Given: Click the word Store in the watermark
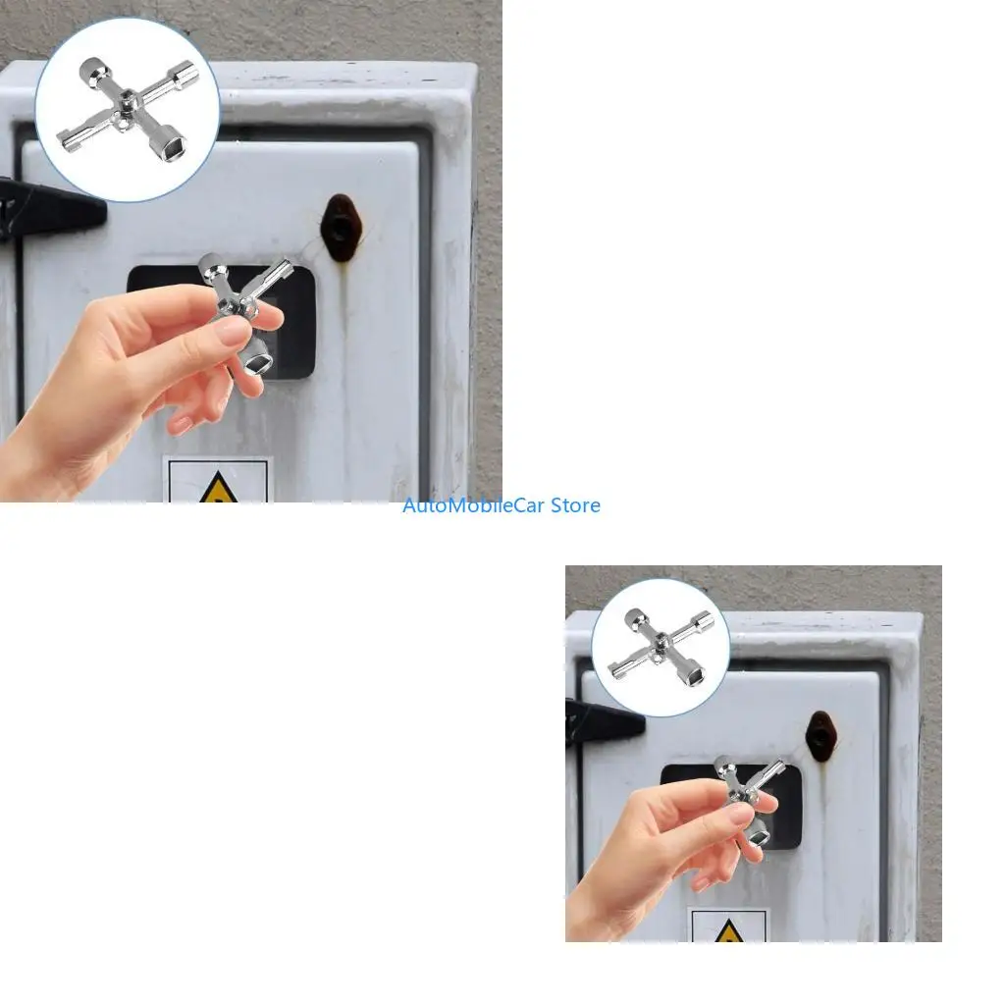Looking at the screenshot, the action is click(575, 505).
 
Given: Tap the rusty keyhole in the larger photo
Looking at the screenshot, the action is click(341, 228).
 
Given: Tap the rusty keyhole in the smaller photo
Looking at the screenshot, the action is click(821, 736).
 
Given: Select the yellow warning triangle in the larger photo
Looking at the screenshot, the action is click(219, 490).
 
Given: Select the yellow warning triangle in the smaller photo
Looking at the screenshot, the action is click(729, 931).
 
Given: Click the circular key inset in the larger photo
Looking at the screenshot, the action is click(127, 110).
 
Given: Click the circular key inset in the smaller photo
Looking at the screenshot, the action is click(661, 648).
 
